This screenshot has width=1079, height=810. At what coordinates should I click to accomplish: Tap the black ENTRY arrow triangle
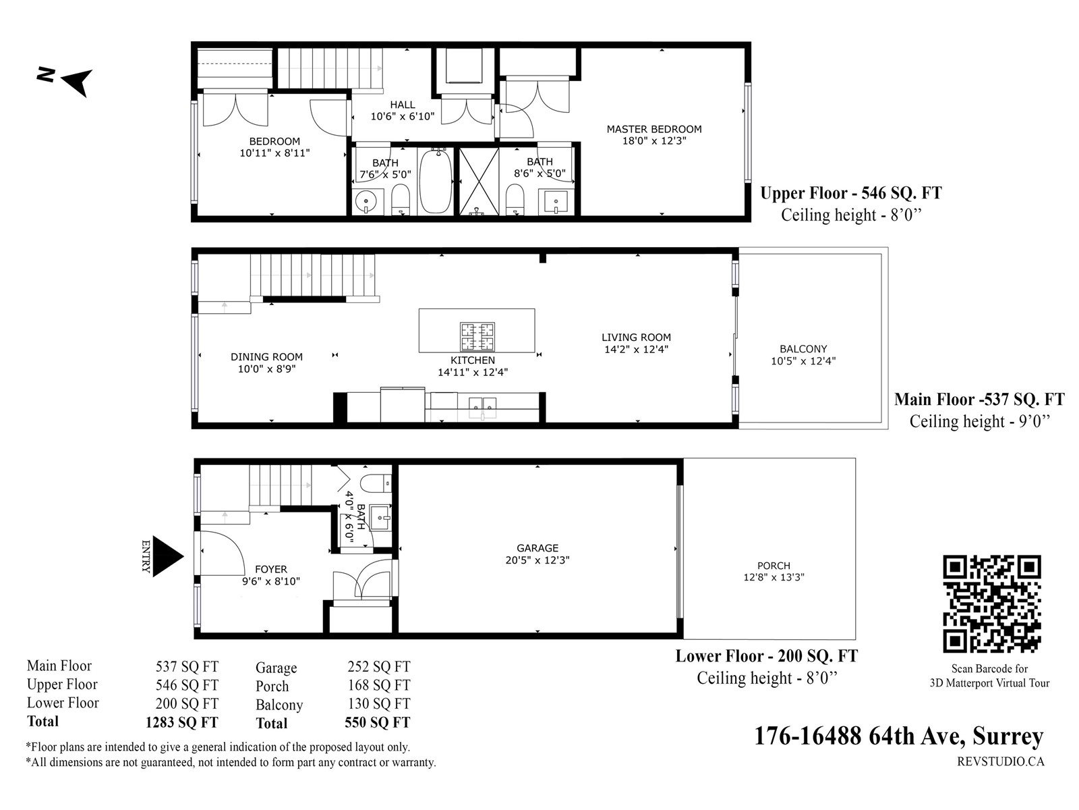[x=168, y=556]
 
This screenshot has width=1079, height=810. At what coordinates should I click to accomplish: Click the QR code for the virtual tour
[x=991, y=604]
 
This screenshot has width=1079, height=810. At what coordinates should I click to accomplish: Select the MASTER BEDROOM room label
[x=653, y=130]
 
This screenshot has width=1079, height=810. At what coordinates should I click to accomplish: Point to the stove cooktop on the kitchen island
[x=477, y=336]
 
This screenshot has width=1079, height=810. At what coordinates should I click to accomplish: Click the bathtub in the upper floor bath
[x=436, y=181]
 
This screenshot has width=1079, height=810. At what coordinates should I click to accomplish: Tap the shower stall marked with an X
[x=478, y=182]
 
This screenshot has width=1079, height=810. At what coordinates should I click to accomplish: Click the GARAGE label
[x=537, y=548]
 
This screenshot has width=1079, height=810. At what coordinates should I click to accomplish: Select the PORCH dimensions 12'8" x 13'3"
[x=774, y=577]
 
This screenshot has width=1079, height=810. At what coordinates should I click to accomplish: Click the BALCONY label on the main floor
[x=803, y=349]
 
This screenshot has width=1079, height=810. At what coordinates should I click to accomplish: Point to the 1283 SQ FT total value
[x=182, y=722]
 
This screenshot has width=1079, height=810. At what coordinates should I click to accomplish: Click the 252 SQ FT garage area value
[x=379, y=666]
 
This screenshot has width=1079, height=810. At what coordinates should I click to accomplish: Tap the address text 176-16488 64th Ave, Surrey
[x=898, y=736]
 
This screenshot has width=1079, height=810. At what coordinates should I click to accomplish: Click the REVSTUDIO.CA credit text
[x=1000, y=762]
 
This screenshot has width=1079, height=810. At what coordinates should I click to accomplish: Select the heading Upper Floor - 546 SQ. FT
[x=851, y=193]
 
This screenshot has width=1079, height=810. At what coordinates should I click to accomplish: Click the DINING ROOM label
[x=266, y=357]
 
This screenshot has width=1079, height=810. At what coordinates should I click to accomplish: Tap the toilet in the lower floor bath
[x=376, y=483]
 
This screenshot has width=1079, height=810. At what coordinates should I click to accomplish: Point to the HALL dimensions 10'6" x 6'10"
[x=403, y=117]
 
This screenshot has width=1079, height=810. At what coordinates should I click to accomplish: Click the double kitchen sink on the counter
[x=482, y=405]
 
